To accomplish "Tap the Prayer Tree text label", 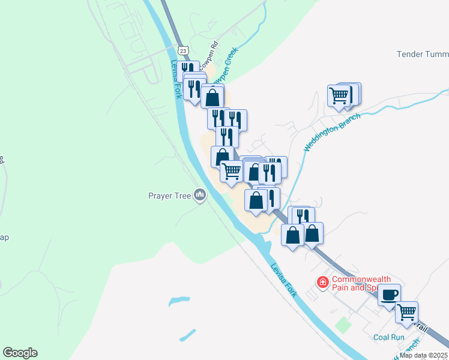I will [169, 196].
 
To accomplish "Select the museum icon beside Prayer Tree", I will [200, 195].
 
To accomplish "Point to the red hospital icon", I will [323, 281].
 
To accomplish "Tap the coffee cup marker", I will [389, 295].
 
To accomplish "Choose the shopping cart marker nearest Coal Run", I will [407, 311].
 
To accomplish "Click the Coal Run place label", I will [389, 337].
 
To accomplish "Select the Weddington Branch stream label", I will [332, 132].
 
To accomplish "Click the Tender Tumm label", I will [423, 55].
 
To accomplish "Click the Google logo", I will [20, 353].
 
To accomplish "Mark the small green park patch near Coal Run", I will [343, 325].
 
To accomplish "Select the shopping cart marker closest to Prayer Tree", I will [231, 171].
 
